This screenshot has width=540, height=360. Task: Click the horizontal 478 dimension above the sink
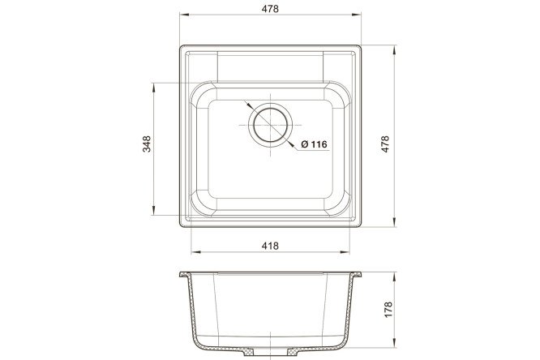[270, 9]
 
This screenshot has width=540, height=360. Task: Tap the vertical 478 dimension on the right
[385, 144]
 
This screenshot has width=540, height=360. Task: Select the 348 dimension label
[147, 144]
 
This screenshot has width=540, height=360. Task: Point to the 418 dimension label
[270, 246]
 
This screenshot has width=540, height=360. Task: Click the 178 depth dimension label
[388, 310]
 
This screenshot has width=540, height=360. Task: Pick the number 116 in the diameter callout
[319, 144]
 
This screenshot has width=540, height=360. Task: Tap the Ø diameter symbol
[305, 144]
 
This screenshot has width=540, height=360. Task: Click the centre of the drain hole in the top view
[270, 125]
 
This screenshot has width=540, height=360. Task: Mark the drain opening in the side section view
[270, 352]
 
